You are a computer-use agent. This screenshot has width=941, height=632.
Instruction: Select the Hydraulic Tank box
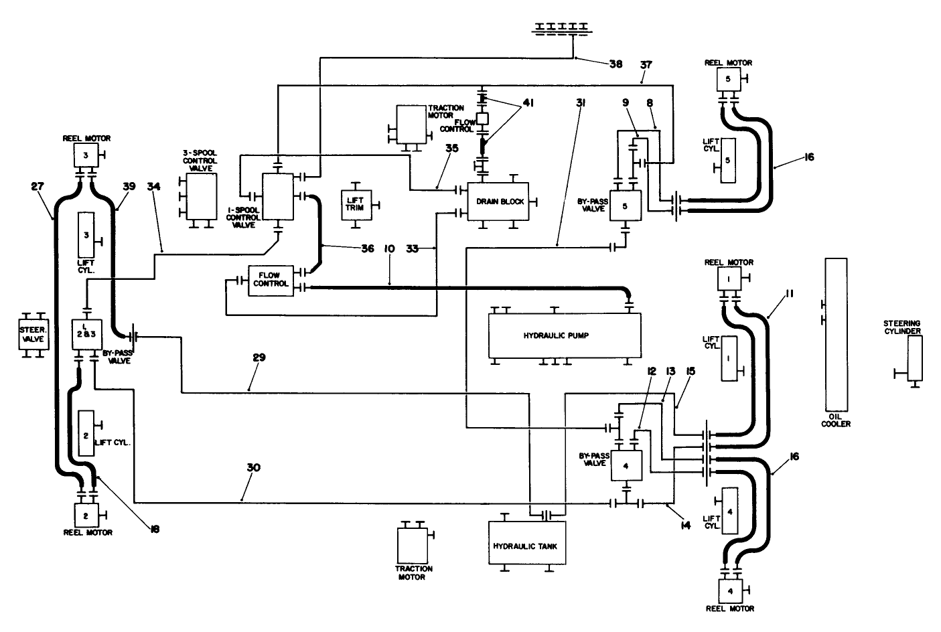[525, 545]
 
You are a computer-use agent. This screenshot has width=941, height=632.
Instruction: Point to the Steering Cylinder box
[914, 358]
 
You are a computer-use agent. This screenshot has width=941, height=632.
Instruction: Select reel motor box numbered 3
[86, 155]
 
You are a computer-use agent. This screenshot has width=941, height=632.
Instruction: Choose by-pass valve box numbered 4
[626, 465]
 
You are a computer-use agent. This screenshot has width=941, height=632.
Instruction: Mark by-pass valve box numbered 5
[626, 206]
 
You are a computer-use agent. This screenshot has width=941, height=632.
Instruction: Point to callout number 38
[616, 64]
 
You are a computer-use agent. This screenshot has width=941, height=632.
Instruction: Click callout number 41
[528, 102]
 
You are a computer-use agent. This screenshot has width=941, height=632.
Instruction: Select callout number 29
[259, 357]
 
